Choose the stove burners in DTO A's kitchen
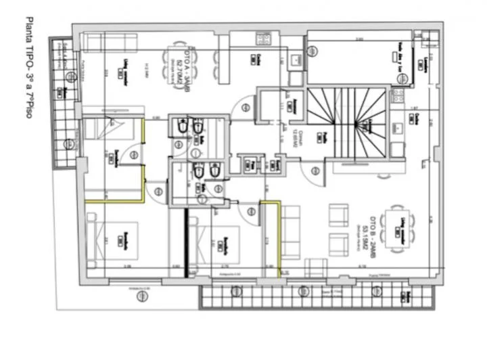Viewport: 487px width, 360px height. pyautogui.click(x=296, y=61)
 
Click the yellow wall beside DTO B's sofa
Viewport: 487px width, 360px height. pyautogui.click(x=279, y=237)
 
